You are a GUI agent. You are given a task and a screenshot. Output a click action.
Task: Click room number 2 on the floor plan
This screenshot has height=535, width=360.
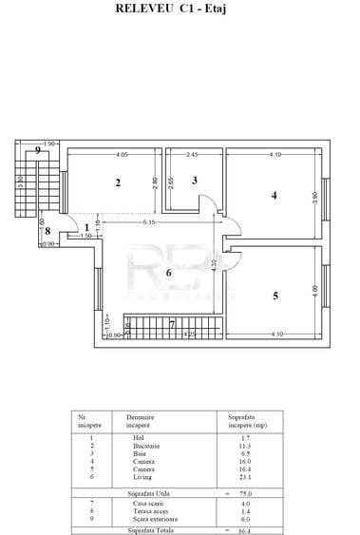(x=119, y=182)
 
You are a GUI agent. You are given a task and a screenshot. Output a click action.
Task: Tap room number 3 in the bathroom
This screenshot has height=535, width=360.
(x=194, y=180)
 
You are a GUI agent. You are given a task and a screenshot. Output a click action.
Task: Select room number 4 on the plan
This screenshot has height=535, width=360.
(x=274, y=196)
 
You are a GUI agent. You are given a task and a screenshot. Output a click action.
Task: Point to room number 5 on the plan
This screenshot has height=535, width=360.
(x=275, y=296)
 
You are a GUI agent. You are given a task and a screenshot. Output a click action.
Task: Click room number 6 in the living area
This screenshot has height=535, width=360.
(x=168, y=273)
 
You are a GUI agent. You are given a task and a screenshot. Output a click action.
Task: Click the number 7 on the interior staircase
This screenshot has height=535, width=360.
(x=171, y=325)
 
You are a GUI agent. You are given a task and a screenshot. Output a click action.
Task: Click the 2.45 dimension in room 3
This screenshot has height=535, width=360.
(x=192, y=154)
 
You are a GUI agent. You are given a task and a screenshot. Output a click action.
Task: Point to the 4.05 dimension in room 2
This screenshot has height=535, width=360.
(x=123, y=154)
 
